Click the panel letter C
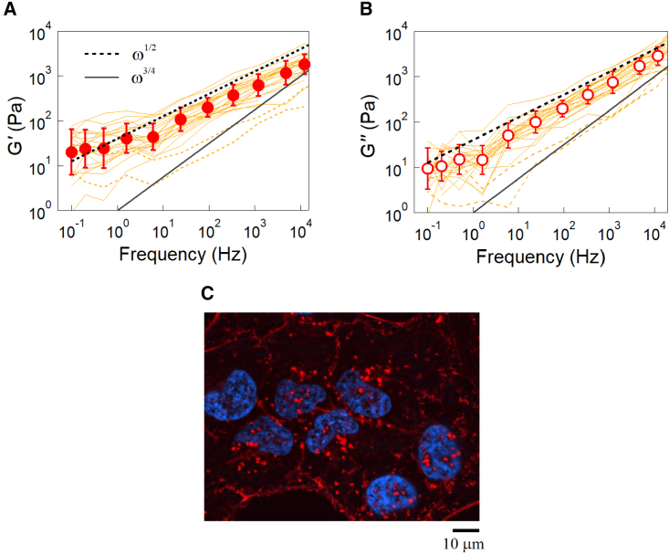coord(208,294)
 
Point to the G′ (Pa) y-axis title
coord(16,123)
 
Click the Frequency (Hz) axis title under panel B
coord(541,257)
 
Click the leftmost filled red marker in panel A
coord(72,152)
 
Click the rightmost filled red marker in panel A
coord(305,65)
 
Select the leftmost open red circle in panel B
coord(428,168)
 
